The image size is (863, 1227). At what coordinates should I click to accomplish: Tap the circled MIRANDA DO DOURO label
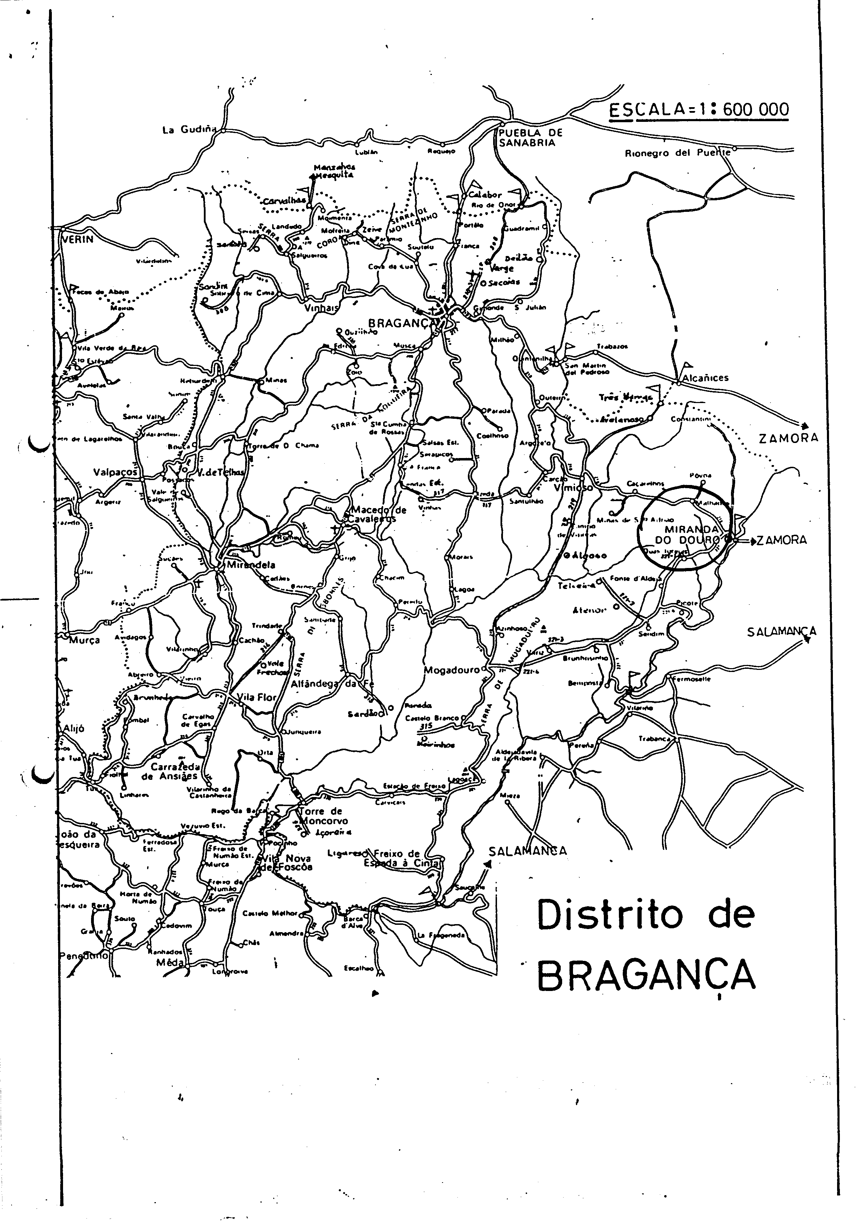click(x=687, y=534)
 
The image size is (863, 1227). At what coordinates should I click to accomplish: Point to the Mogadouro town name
click(x=451, y=670)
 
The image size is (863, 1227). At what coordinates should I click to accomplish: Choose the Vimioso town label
click(x=573, y=487)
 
